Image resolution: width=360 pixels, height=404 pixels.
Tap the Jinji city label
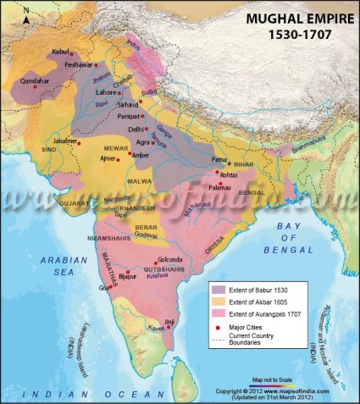(169, 322)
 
